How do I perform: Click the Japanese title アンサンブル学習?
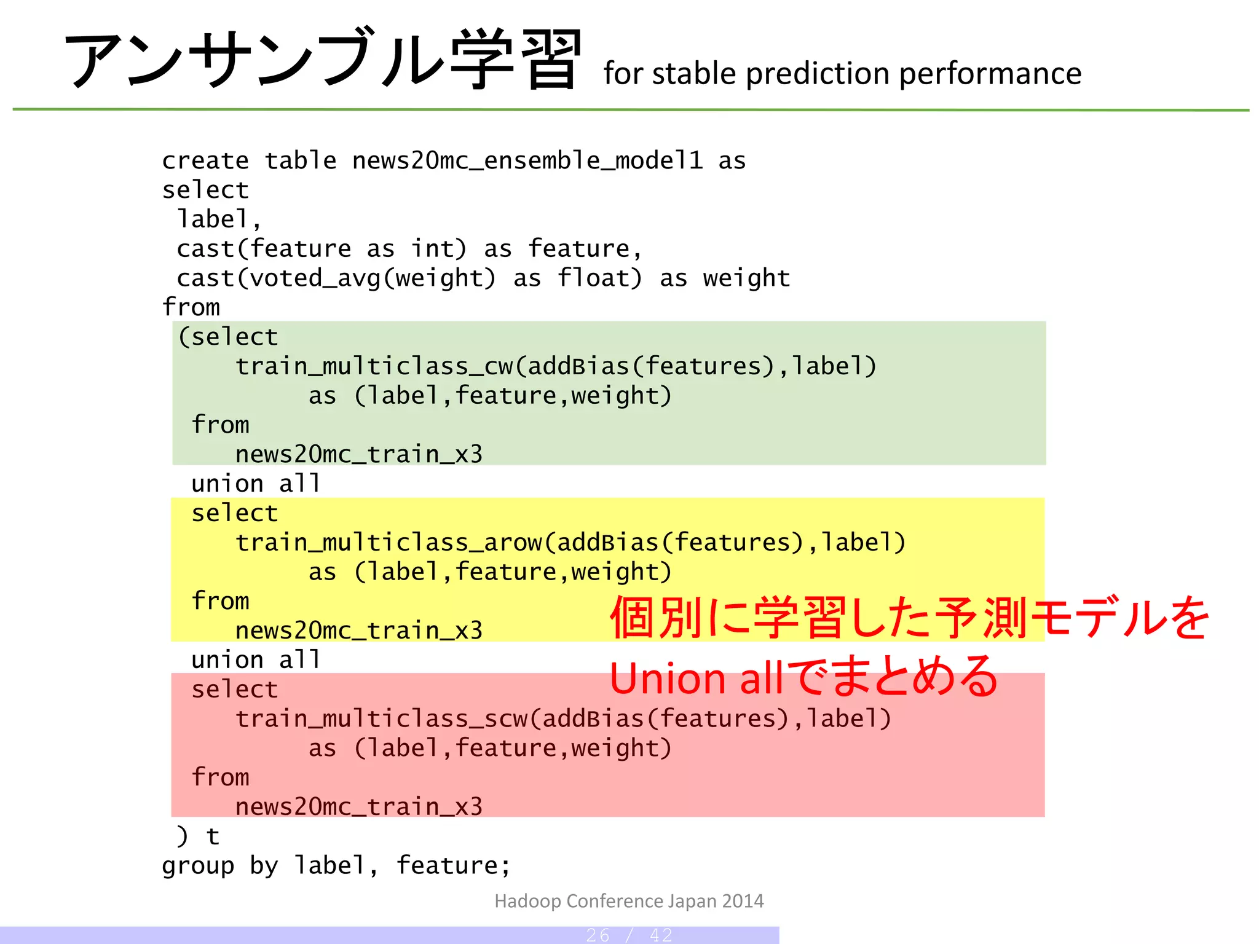pos(322,60)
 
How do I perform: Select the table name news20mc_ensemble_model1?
pos(527,161)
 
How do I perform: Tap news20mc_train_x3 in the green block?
pos(359,455)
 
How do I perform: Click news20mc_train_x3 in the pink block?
pos(359,807)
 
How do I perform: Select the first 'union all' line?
pos(256,484)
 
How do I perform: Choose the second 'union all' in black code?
pos(256,660)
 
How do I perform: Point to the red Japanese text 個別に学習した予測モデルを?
pos(910,618)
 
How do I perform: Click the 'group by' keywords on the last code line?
pos(220,866)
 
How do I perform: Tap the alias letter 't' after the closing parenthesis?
pos(213,836)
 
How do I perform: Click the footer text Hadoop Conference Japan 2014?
pos(629,901)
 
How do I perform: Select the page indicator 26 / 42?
pos(629,935)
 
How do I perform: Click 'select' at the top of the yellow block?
pos(234,513)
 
